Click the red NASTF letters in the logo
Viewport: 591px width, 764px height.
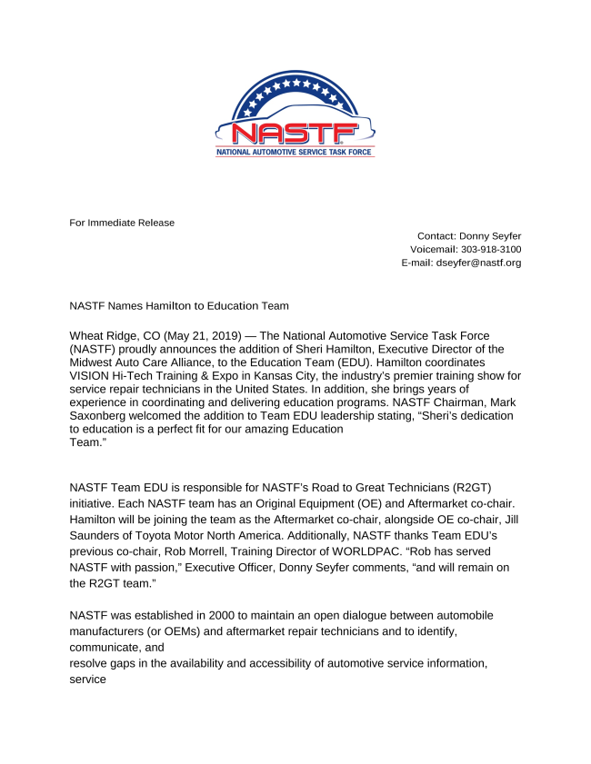click(x=295, y=134)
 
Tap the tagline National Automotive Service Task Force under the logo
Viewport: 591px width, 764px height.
click(x=295, y=153)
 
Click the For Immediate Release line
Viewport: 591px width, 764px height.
click(x=122, y=223)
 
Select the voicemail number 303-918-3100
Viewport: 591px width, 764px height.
click(x=491, y=249)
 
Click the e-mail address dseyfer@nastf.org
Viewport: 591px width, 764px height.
click(x=478, y=263)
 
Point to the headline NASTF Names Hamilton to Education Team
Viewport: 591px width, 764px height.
click(x=179, y=306)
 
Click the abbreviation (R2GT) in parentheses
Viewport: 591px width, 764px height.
click(x=469, y=487)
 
